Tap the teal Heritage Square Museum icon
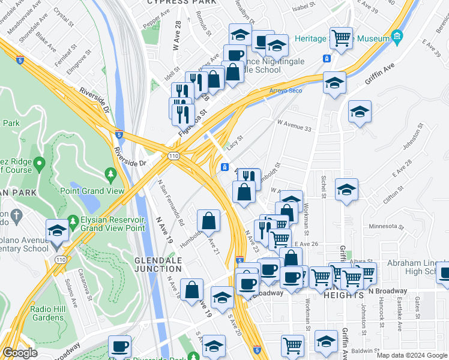396,38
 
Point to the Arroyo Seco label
285,91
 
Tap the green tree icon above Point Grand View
110,175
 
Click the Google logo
20,353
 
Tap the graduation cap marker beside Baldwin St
326,341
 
